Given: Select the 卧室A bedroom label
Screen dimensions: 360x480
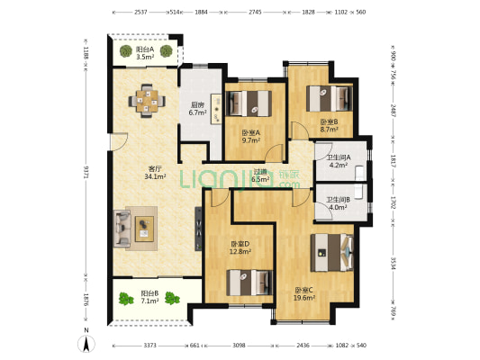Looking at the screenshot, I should point(250,136).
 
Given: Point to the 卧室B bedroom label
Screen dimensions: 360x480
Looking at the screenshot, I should point(329,126).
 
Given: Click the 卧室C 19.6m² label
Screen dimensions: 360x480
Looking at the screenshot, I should point(304,293).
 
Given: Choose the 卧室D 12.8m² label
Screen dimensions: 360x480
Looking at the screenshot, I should point(240,247).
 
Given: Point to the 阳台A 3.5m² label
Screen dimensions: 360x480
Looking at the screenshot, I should point(144,53).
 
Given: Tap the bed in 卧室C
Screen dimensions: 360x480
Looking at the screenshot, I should point(330,252).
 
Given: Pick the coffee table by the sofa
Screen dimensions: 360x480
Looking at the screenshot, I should point(145,228).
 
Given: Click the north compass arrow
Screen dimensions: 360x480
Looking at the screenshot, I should point(86,341).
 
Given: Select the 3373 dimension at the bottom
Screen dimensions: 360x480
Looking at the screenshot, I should point(149,345).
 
